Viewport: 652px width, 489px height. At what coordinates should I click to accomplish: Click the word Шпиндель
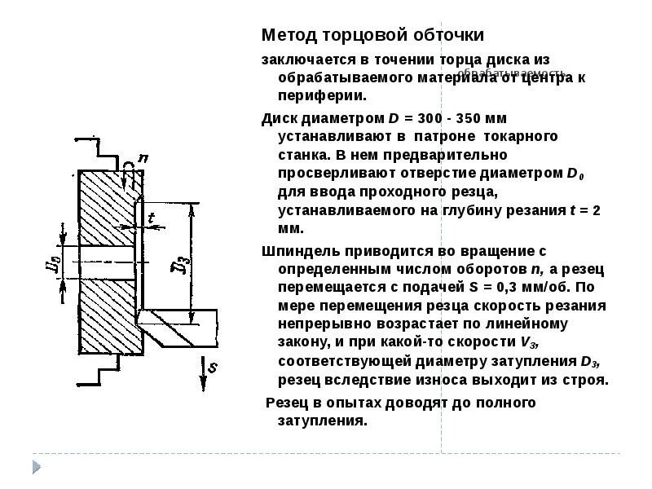297,250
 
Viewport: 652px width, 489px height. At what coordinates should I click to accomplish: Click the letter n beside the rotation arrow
144,158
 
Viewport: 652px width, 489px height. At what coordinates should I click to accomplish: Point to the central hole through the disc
106,267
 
